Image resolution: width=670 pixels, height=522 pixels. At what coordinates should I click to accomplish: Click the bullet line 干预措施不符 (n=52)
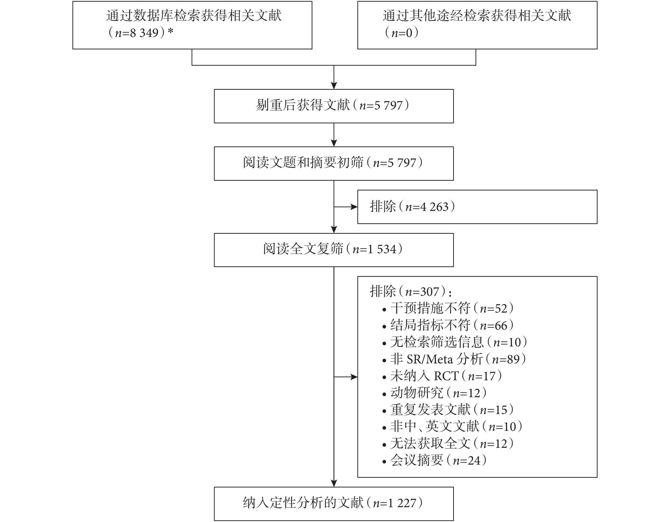point(448,308)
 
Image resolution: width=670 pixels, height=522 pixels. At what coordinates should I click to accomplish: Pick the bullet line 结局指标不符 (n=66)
point(448,325)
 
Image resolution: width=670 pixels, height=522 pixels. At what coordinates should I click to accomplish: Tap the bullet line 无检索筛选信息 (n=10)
point(455,342)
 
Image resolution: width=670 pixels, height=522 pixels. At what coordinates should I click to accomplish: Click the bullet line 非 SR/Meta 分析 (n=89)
point(454,359)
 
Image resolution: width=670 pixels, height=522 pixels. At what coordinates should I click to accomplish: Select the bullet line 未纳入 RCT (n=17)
point(442,376)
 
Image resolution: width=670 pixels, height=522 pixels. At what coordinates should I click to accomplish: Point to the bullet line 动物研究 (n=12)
point(434,393)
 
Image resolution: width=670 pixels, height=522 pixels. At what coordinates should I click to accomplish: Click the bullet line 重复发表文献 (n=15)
point(448,409)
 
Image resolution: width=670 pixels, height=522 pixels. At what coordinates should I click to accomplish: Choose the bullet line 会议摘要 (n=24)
point(434,460)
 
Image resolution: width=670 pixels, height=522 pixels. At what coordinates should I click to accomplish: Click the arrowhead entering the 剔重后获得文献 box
point(334,86)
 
